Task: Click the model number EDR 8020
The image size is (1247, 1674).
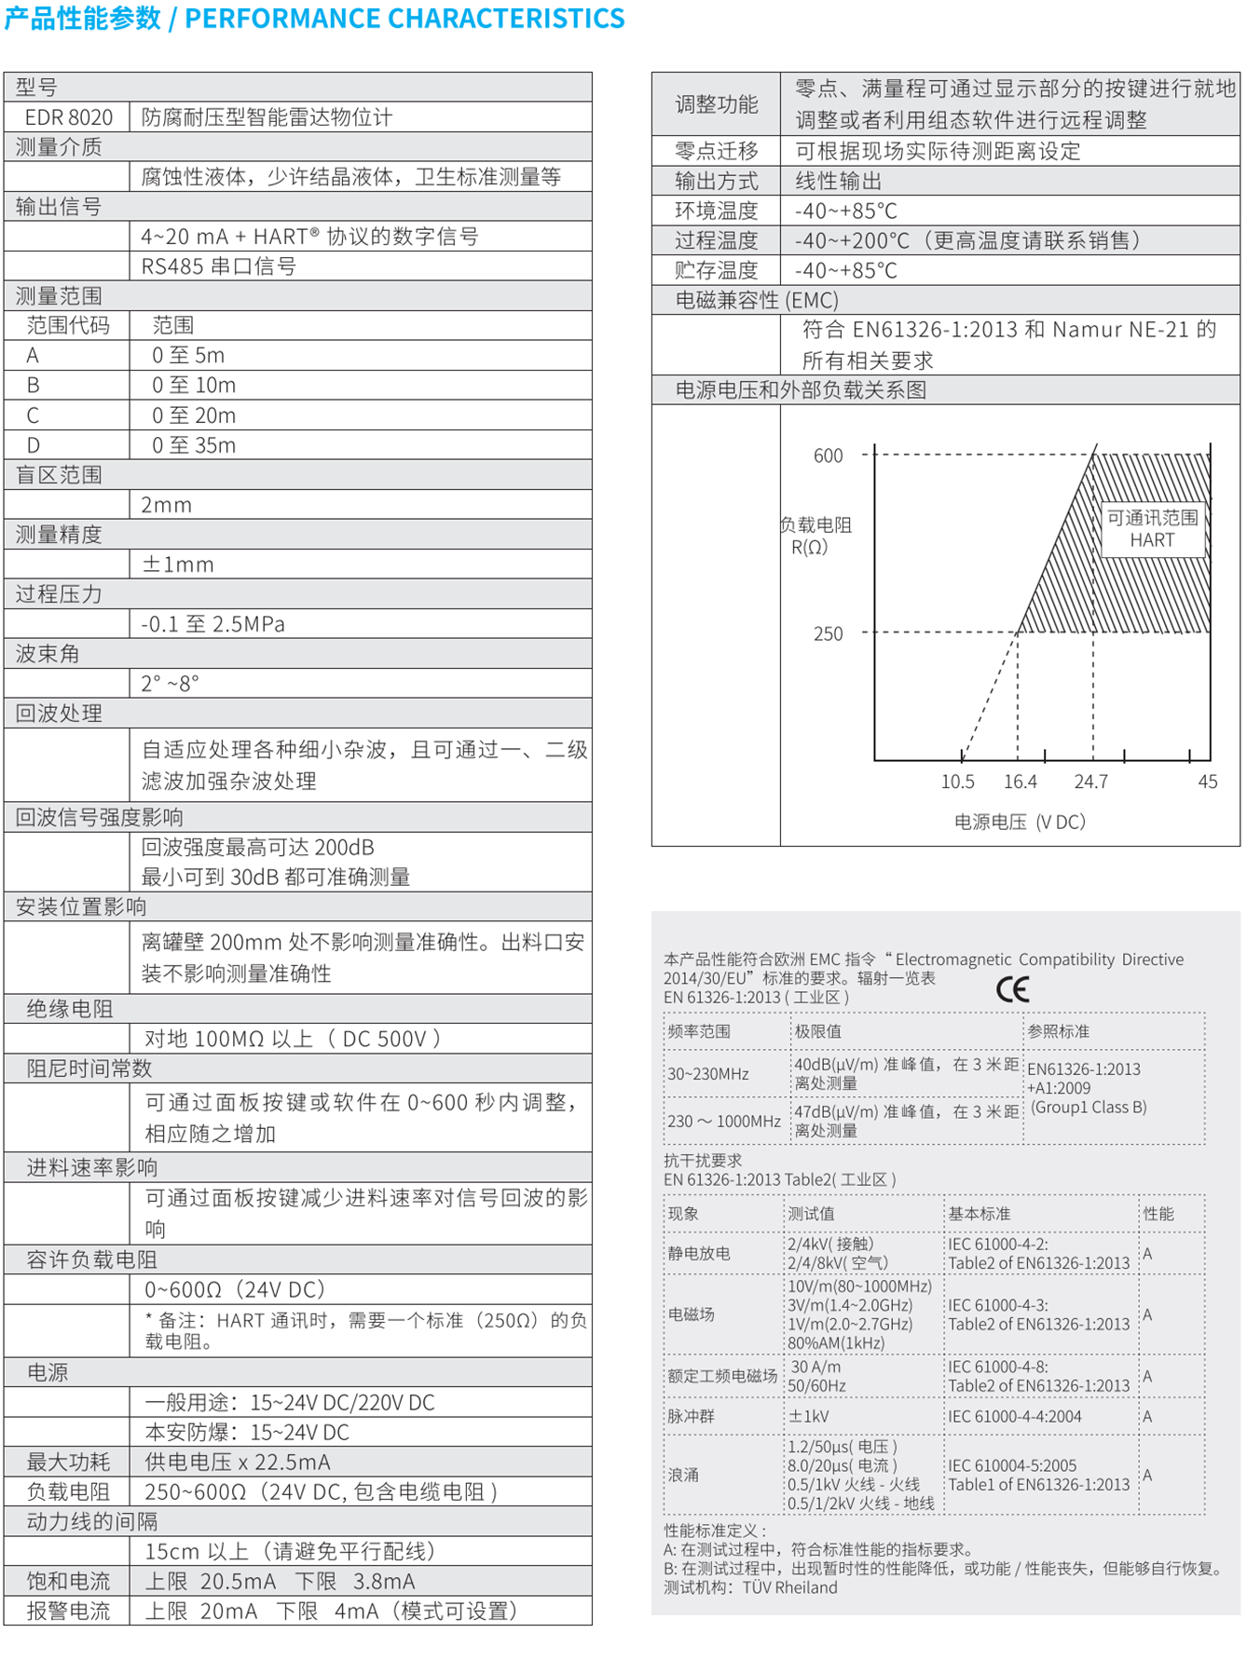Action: [68, 117]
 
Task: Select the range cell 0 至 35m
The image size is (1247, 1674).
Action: [194, 445]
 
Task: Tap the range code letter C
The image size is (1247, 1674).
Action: [33, 415]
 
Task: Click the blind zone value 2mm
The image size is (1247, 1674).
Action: [166, 505]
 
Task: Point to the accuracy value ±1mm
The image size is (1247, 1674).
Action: [177, 565]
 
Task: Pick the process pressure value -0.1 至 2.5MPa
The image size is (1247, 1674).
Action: [212, 624]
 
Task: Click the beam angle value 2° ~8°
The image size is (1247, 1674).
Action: [170, 684]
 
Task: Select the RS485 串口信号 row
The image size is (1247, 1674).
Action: [218, 266]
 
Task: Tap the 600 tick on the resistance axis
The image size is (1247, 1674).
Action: [828, 456]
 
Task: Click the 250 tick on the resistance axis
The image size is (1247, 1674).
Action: [828, 633]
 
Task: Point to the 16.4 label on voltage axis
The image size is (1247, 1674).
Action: [1020, 782]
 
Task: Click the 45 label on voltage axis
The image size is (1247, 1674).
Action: [1207, 782]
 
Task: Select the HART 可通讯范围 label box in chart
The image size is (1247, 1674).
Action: [1152, 529]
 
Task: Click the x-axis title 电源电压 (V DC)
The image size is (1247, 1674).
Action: [1020, 822]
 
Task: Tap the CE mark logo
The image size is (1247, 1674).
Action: [1012, 988]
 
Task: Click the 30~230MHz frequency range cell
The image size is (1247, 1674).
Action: [708, 1074]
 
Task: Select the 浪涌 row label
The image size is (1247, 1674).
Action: [683, 1475]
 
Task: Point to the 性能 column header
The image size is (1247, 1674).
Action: [1158, 1214]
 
